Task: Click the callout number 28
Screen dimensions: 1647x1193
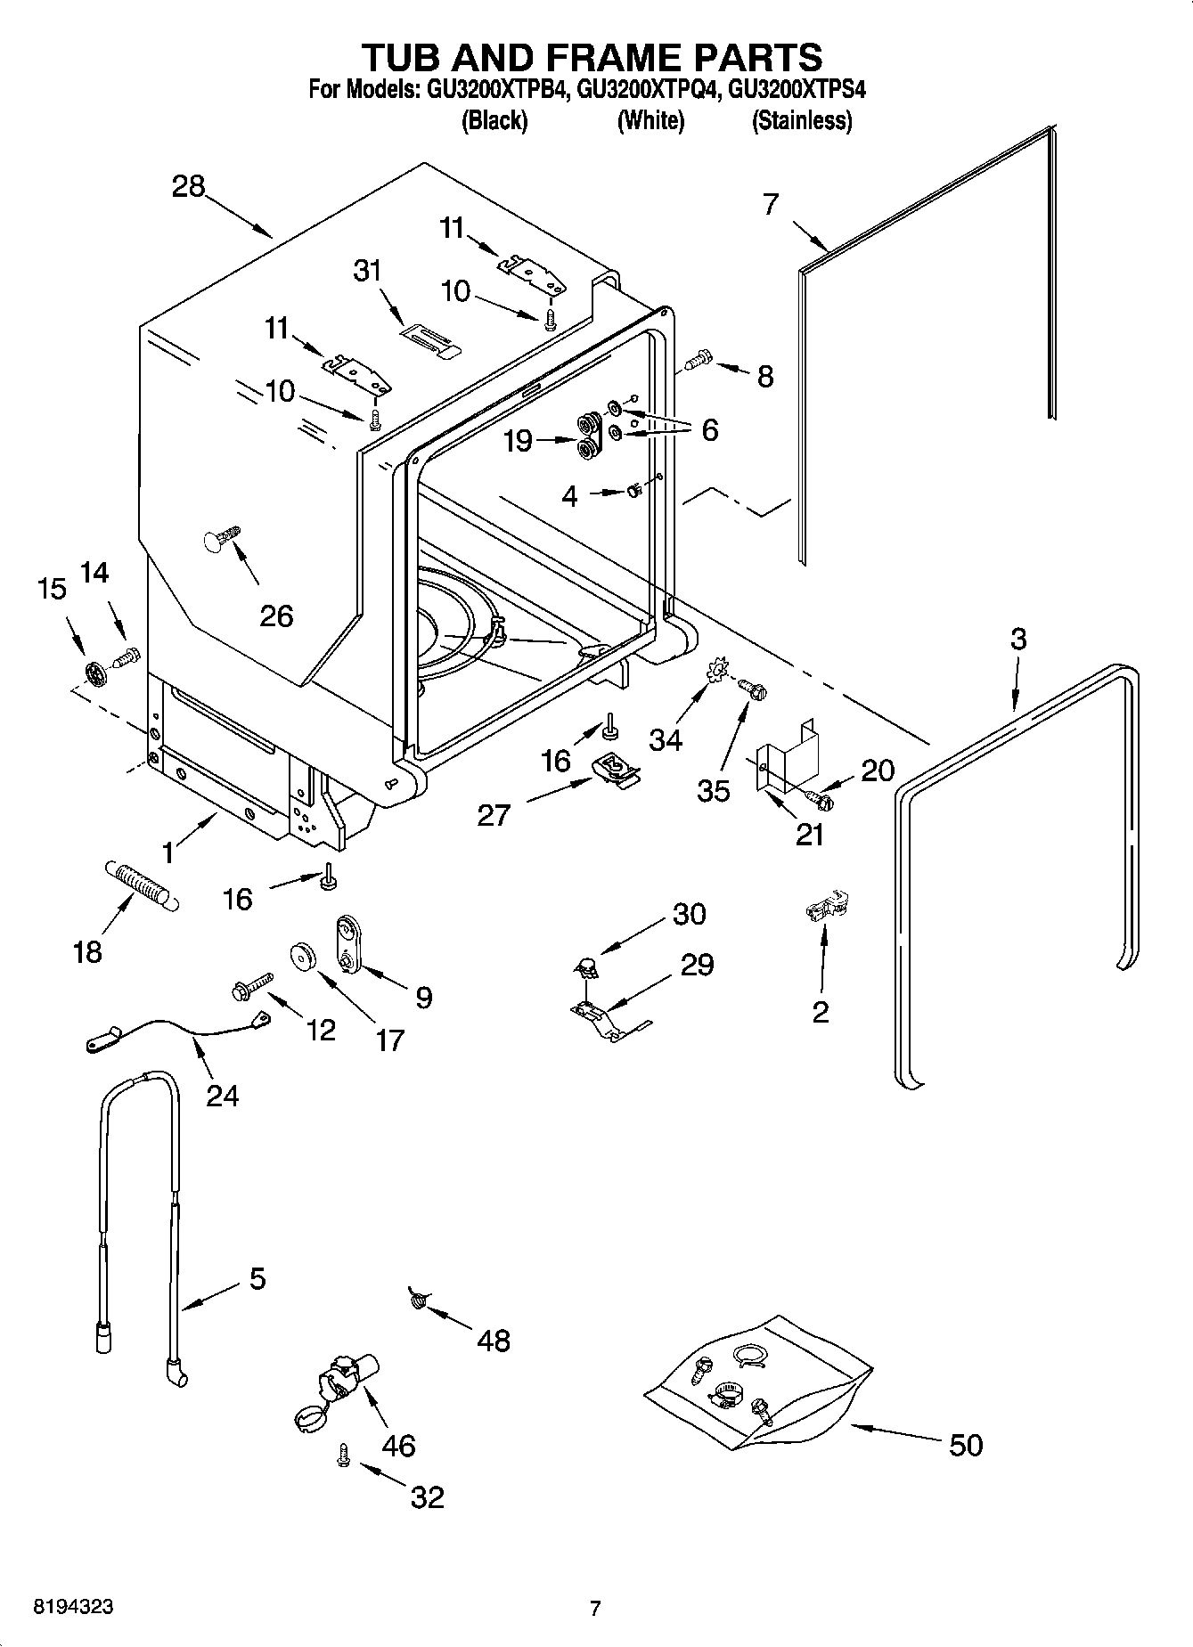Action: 189,188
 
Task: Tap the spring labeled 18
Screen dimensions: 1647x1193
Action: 143,884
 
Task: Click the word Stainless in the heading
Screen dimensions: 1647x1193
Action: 802,120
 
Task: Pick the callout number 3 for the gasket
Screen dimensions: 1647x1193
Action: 1017,640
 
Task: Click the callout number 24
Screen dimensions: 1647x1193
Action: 223,1095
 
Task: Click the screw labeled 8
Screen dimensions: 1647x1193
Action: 699,360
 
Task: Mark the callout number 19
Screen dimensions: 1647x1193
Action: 519,440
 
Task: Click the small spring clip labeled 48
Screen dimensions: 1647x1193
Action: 417,1301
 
